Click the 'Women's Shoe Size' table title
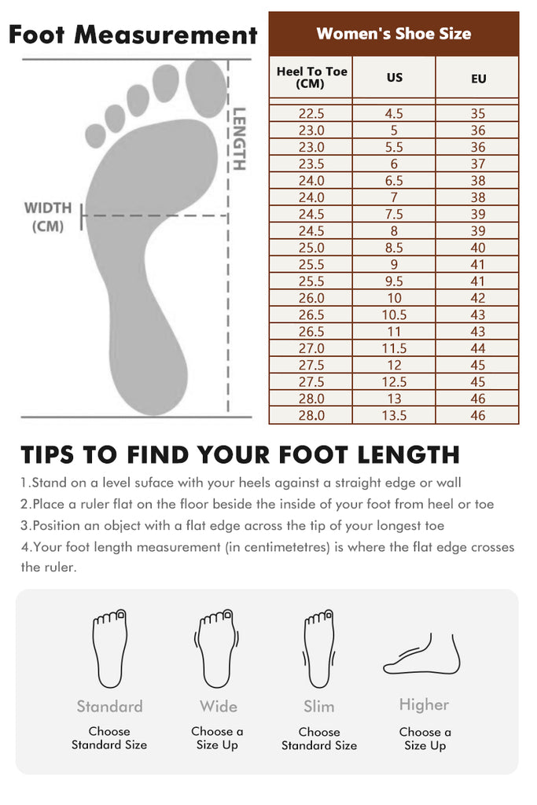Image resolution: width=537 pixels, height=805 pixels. pyautogui.click(x=394, y=34)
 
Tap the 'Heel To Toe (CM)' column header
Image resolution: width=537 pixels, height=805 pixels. pyautogui.click(x=311, y=78)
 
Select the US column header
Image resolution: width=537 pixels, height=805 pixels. pyautogui.click(x=394, y=78)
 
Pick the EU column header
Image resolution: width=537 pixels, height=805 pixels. pyautogui.click(x=478, y=79)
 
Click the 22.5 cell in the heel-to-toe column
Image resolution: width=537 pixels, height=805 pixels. pyautogui.click(x=311, y=113)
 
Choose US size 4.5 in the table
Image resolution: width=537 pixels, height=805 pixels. pyautogui.click(x=394, y=113)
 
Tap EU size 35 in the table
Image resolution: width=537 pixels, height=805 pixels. pyautogui.click(x=477, y=113)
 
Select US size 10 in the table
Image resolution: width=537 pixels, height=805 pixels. pyautogui.click(x=394, y=298)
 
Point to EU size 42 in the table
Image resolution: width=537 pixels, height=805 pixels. pyautogui.click(x=477, y=298)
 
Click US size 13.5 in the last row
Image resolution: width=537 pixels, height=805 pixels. pyautogui.click(x=394, y=415)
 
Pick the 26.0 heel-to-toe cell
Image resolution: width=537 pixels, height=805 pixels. pyautogui.click(x=311, y=298)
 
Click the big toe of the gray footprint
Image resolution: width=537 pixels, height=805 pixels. pyautogui.click(x=205, y=87)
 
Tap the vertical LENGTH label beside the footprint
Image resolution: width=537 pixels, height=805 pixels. pyautogui.click(x=239, y=138)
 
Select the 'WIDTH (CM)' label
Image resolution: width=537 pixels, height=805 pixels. pyautogui.click(x=48, y=217)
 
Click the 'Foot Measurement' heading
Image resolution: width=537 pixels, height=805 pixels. pyautogui.click(x=133, y=35)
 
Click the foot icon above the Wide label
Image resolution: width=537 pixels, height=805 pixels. pyautogui.click(x=216, y=649)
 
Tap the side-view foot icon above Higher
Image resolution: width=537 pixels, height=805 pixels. pyautogui.click(x=422, y=655)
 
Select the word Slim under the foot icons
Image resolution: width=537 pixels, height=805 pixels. pyautogui.click(x=318, y=707)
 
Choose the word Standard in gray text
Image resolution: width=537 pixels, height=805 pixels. pyautogui.click(x=109, y=707)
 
